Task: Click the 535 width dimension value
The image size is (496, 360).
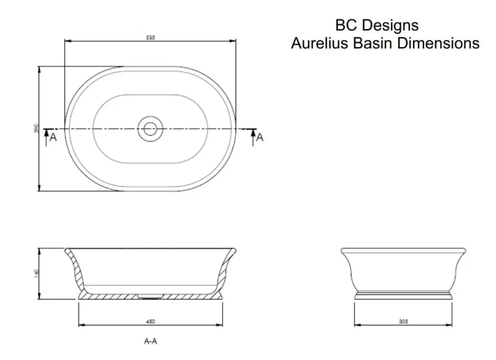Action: click(x=150, y=38)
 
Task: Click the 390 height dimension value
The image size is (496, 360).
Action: click(x=36, y=129)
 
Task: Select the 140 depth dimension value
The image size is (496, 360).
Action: click(x=36, y=274)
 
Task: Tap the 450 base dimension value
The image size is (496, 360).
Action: click(x=150, y=321)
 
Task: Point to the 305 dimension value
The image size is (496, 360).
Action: click(x=403, y=321)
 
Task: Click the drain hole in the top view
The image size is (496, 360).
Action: click(x=150, y=129)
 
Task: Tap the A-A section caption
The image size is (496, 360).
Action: click(x=150, y=340)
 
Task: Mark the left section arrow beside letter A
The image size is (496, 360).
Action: click(x=46, y=136)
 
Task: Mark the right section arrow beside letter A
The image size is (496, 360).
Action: click(x=252, y=136)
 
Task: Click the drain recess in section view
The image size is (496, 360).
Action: click(x=150, y=296)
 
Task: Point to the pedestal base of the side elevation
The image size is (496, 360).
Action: click(x=403, y=294)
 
